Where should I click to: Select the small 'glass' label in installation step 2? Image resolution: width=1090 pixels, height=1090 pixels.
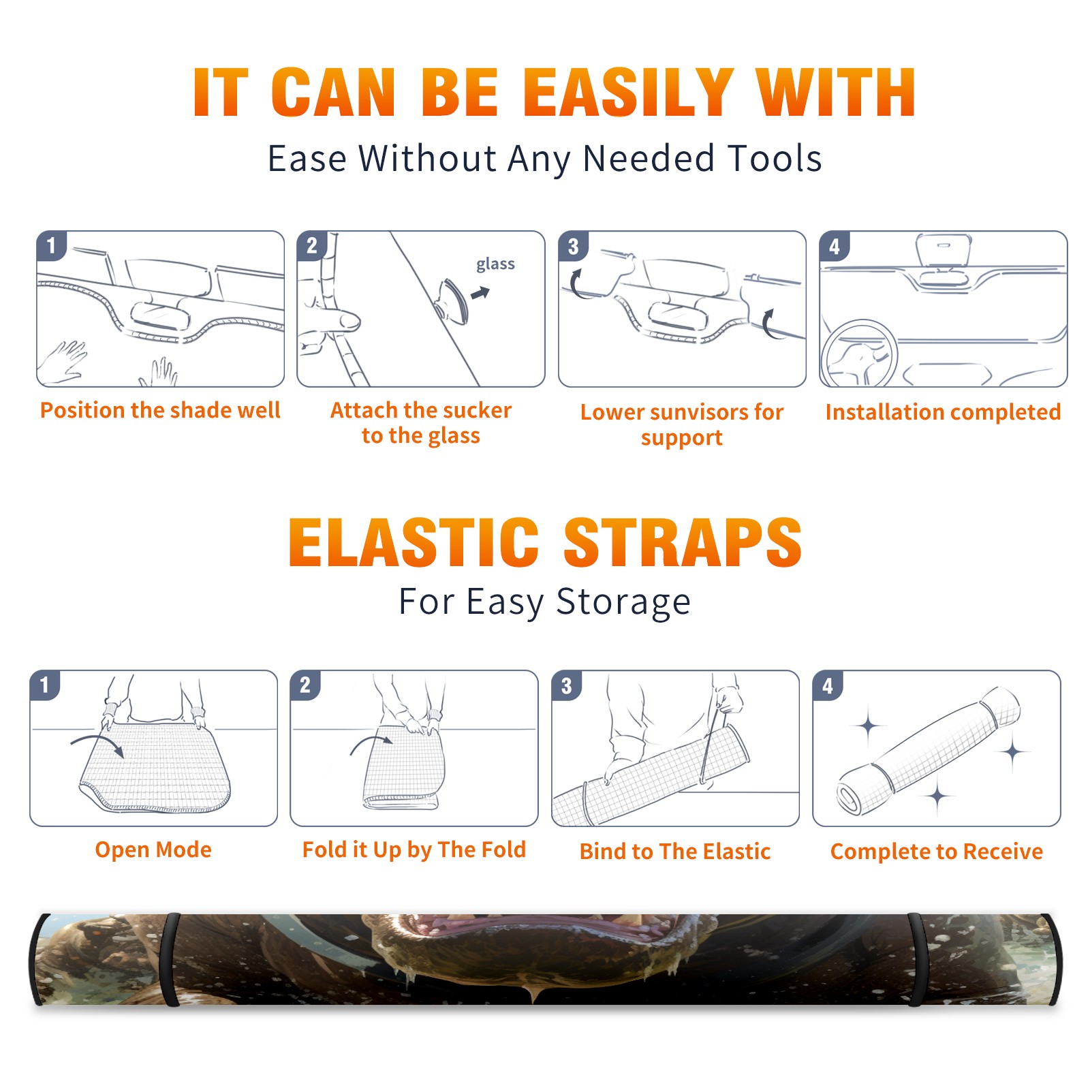click(x=495, y=264)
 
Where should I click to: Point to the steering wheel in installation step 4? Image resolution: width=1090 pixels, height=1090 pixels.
click(x=858, y=354)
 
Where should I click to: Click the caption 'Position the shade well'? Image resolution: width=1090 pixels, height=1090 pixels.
click(x=160, y=410)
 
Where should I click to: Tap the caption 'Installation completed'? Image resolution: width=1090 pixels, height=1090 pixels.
click(x=943, y=411)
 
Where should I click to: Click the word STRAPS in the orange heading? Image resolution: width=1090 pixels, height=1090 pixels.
click(x=683, y=542)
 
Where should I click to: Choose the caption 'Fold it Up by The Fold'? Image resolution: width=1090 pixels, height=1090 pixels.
click(x=414, y=850)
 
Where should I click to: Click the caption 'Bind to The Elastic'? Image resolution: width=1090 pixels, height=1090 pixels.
click(x=675, y=852)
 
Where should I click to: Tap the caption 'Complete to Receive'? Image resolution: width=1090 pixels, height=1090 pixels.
click(x=937, y=852)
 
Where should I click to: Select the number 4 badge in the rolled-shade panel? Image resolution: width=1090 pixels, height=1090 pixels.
click(x=828, y=685)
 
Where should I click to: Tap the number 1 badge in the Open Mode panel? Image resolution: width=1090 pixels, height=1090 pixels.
click(x=45, y=685)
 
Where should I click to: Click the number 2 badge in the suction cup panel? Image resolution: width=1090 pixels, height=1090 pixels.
click(x=312, y=246)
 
